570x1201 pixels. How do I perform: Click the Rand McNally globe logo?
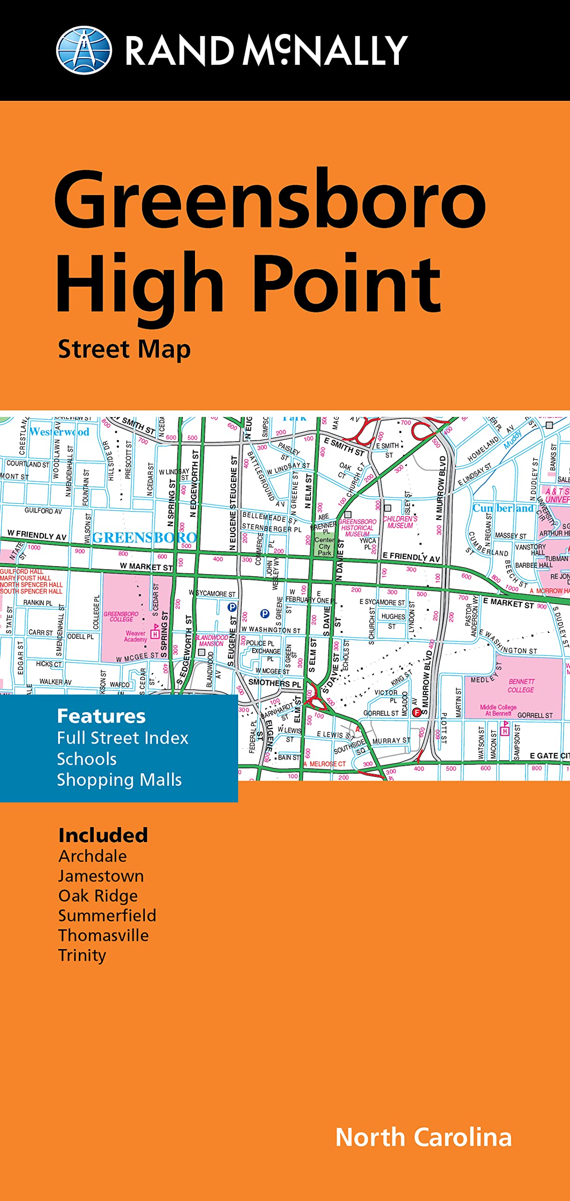click(84, 50)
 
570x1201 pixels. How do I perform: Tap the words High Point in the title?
click(248, 284)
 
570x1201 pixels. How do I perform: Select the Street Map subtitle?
click(124, 350)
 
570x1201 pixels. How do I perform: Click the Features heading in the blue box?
click(101, 716)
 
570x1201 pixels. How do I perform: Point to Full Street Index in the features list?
click(122, 738)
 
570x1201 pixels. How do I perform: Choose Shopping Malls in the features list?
click(119, 780)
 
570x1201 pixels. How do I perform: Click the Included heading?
click(103, 836)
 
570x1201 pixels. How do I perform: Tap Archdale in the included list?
click(92, 856)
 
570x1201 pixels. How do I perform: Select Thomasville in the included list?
click(103, 935)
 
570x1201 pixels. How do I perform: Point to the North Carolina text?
click(423, 1138)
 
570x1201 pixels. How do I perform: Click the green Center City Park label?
click(324, 547)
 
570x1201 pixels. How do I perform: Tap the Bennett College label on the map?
click(521, 685)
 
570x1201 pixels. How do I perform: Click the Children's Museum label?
click(400, 522)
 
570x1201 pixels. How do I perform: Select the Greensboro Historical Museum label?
click(357, 528)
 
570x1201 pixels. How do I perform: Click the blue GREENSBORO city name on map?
click(144, 538)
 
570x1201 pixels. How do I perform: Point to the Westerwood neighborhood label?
click(59, 432)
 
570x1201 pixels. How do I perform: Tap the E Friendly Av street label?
click(411, 557)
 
